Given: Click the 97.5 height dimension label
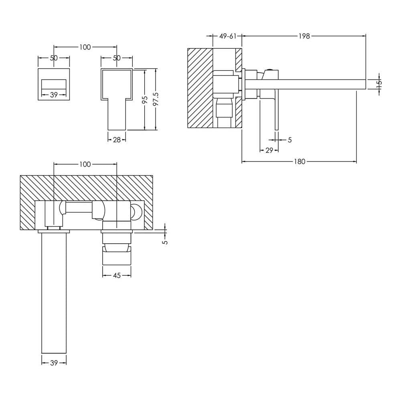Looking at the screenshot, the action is coord(156,99).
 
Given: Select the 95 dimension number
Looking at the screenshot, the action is coord(145,99).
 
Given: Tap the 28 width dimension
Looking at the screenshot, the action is coord(117,140).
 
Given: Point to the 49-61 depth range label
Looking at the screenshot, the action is coord(228,36).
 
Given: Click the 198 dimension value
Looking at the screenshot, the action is coord(304,36).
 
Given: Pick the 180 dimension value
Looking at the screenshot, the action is coord(300,161).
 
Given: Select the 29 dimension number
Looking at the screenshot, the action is coord(269,150).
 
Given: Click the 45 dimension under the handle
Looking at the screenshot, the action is coord(117,275).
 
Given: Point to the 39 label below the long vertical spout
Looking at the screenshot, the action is coord(54,363).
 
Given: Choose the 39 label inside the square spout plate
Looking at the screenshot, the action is coord(54,95).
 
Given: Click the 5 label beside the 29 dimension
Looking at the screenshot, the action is coord(290,140).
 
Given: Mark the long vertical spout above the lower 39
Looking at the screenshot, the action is coord(54,293).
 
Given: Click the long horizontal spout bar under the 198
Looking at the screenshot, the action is coord(306,84).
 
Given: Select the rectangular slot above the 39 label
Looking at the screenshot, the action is coord(54,84).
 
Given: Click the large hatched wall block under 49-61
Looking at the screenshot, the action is coord(200,88).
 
